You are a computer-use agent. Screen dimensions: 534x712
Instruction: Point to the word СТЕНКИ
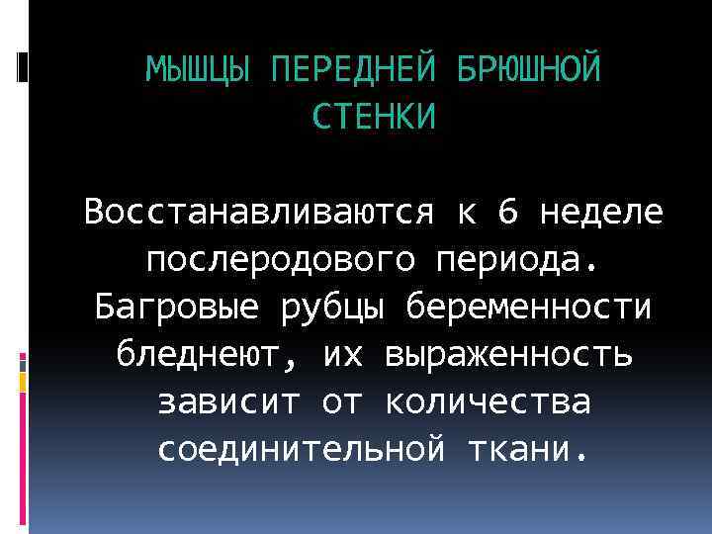click(x=373, y=118)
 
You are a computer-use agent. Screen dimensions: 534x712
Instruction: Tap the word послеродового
click(x=277, y=260)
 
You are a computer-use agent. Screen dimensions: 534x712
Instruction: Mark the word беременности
click(x=529, y=308)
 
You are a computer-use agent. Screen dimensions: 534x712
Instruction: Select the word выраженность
click(x=511, y=354)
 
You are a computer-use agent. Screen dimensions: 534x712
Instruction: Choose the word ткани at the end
click(x=522, y=450)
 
